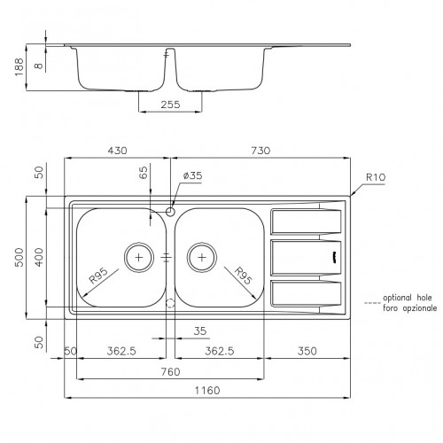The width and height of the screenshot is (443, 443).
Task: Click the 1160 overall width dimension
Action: point(207,391)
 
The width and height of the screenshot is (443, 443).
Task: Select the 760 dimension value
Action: point(170,371)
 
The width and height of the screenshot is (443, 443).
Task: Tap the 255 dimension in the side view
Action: point(170,105)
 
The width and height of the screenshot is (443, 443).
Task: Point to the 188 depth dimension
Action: point(19,67)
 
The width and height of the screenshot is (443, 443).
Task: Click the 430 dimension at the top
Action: point(117,151)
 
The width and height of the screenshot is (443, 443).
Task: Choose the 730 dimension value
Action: point(260,151)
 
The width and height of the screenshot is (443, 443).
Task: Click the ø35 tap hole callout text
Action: point(192,175)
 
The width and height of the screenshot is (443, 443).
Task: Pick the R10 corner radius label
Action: point(376,177)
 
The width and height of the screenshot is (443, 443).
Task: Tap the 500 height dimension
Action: point(19,257)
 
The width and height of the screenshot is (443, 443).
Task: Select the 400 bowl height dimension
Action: point(39,257)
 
